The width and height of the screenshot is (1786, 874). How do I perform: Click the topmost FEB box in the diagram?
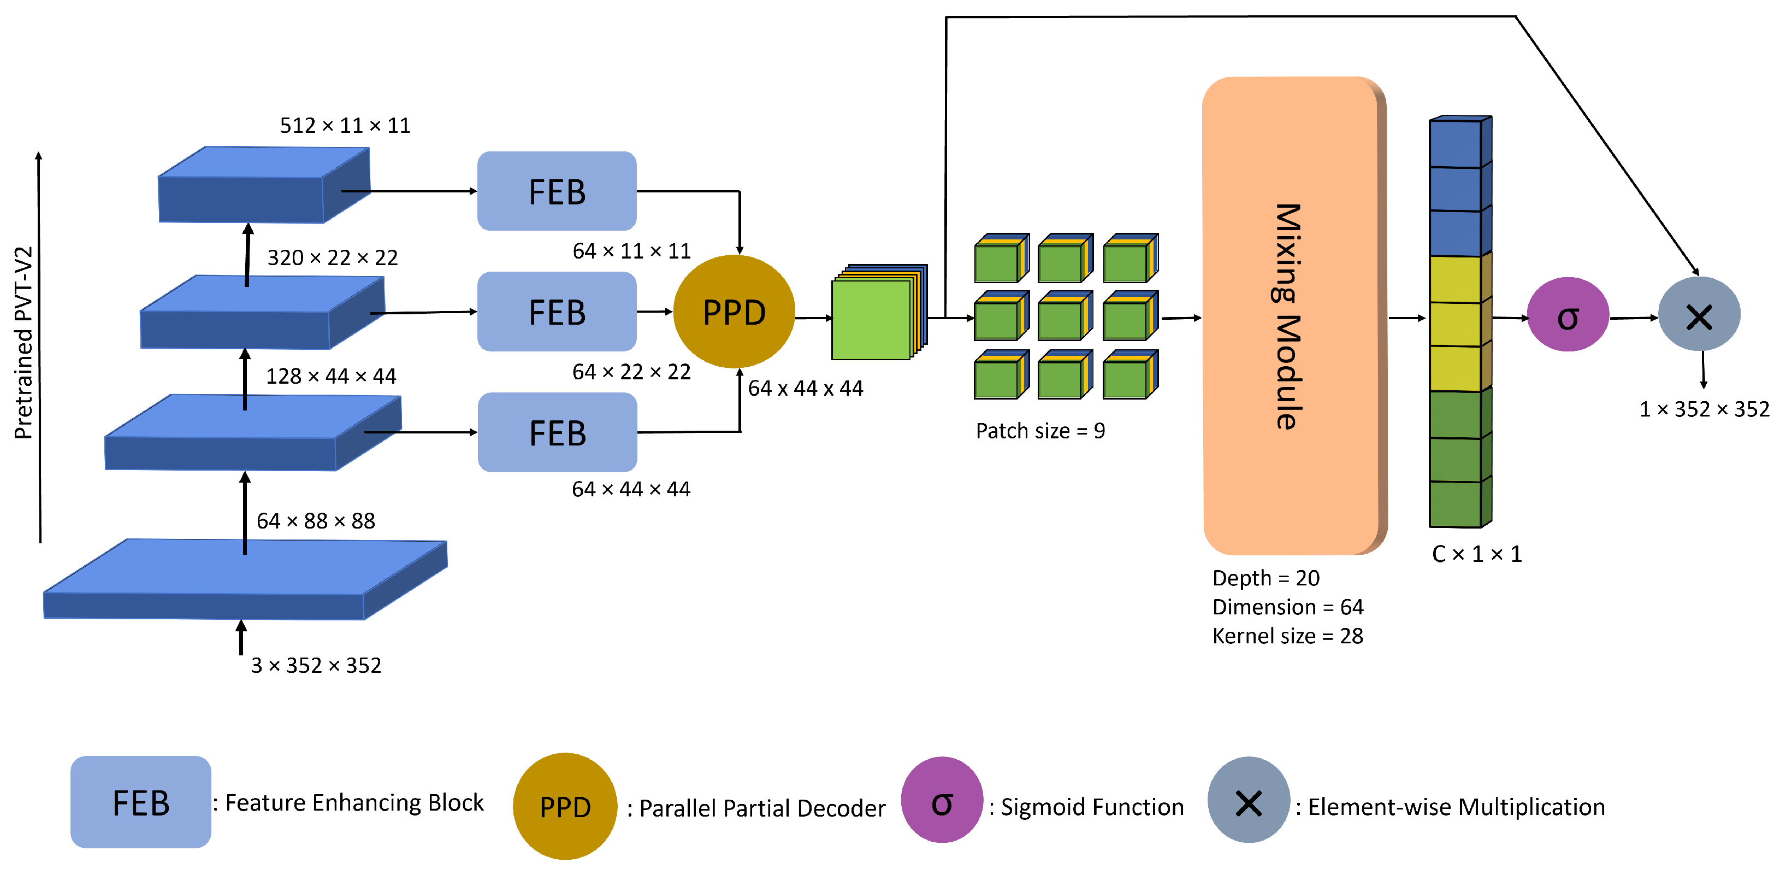(x=557, y=191)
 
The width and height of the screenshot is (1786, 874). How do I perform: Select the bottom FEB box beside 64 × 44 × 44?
(x=557, y=433)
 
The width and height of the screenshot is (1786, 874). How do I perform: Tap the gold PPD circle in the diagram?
(x=734, y=312)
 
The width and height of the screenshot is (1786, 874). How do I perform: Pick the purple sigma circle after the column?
(x=1567, y=315)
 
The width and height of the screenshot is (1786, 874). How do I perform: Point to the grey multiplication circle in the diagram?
(x=1698, y=315)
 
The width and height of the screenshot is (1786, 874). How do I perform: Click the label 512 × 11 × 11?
(x=345, y=126)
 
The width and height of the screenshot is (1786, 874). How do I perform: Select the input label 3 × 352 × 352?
(x=316, y=666)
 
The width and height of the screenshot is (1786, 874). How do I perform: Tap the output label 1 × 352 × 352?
(x=1704, y=409)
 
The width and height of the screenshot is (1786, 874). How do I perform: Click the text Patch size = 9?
(x=1040, y=431)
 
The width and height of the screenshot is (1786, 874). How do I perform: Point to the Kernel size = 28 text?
(x=1287, y=636)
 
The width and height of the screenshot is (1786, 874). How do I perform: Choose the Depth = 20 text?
(x=1265, y=578)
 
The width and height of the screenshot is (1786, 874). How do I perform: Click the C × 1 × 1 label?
(x=1476, y=554)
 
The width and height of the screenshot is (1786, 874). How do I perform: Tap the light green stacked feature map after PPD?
(x=872, y=319)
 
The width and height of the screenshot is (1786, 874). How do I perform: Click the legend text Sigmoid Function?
(x=1091, y=807)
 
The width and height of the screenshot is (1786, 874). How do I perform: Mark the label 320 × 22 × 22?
(x=332, y=258)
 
